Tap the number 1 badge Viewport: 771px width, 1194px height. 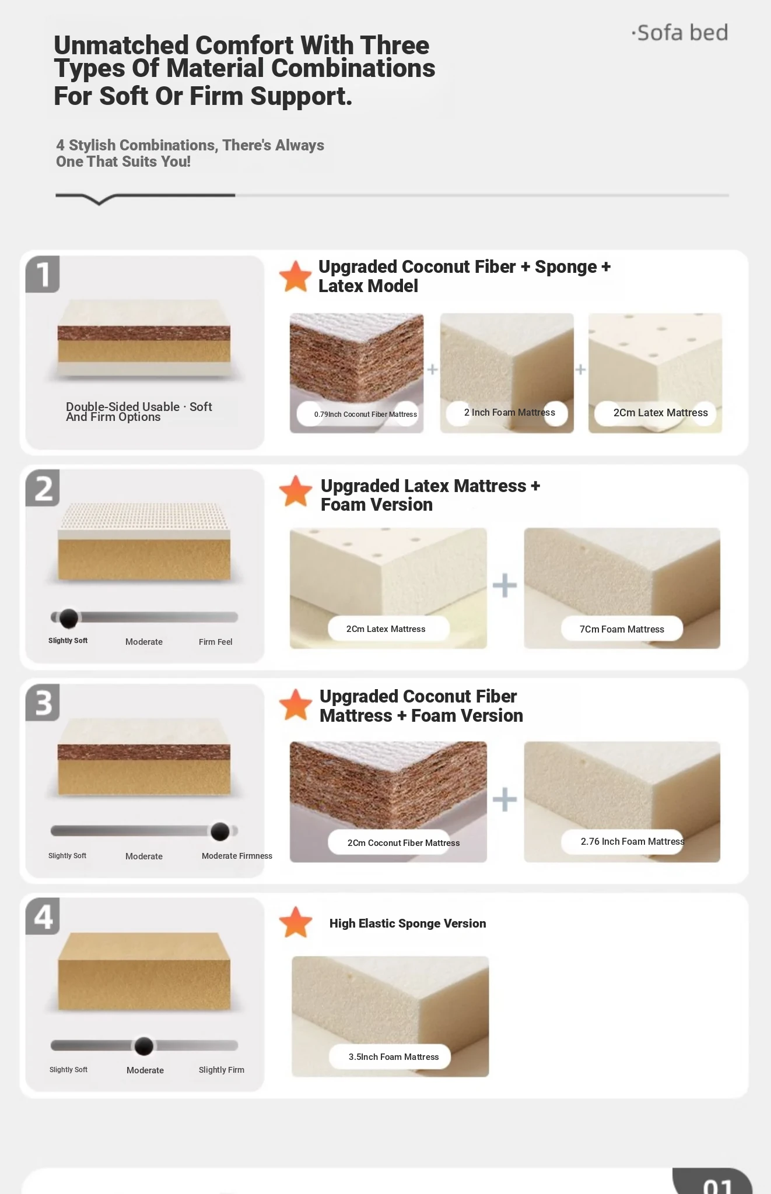tap(43, 274)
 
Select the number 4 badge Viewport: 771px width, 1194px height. tap(43, 916)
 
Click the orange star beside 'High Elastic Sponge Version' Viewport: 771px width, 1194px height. tap(296, 922)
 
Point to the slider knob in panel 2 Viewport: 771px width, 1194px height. tap(69, 618)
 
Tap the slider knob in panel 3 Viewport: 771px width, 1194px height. tap(220, 831)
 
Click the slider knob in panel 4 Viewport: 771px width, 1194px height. tap(144, 1046)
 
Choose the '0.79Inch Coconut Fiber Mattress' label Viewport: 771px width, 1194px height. tap(366, 415)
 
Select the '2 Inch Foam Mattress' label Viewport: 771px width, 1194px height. tap(510, 412)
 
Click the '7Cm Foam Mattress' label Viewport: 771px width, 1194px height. tap(622, 629)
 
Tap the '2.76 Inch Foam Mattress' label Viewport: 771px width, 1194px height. tap(633, 841)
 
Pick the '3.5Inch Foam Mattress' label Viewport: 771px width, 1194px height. tap(394, 1057)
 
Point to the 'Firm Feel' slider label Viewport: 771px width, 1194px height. tap(215, 642)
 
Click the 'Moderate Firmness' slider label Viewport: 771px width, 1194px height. tap(237, 856)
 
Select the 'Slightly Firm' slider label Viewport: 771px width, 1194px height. tap(221, 1070)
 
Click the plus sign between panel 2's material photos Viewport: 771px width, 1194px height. tap(505, 585)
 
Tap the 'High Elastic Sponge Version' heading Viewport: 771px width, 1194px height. tap(408, 923)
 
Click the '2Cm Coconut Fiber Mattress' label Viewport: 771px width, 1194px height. tap(404, 843)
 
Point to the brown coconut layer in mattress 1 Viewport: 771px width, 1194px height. tap(144, 334)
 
